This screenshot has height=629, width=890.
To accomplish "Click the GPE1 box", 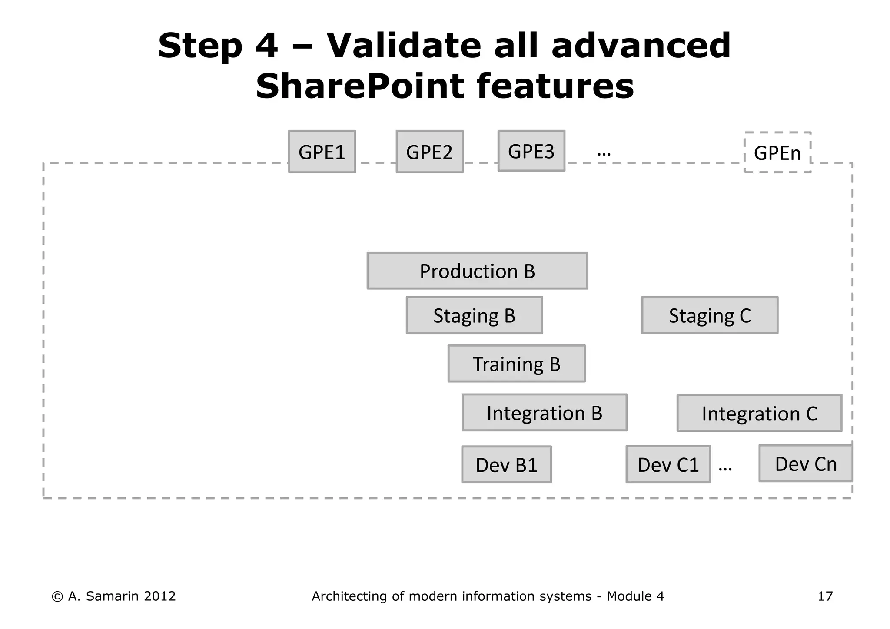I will tap(322, 152).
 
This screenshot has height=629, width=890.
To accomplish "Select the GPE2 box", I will tap(429, 152).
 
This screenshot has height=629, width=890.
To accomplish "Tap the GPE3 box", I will tap(531, 151).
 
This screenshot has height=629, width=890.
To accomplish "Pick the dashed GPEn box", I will tap(777, 152).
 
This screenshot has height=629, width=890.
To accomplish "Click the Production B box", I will tap(477, 271).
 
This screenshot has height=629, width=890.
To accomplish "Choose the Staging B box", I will tap(474, 315).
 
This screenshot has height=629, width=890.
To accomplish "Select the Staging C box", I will tap(710, 315).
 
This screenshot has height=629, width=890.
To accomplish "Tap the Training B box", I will tap(516, 364).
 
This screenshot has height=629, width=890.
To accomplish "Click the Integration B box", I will tap(544, 412).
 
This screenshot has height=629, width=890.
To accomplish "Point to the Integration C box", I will tap(759, 413).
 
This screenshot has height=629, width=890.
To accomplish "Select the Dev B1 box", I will tap(506, 464).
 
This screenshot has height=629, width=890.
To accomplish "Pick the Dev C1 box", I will tap(668, 464).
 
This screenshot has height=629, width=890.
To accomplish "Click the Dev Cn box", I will tap(806, 463).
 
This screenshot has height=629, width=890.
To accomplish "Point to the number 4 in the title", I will tap(266, 46).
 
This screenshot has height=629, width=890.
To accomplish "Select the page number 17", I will tap(825, 596).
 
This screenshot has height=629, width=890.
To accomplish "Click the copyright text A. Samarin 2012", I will tap(114, 596).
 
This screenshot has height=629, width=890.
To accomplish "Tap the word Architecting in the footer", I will tap(349, 596).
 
